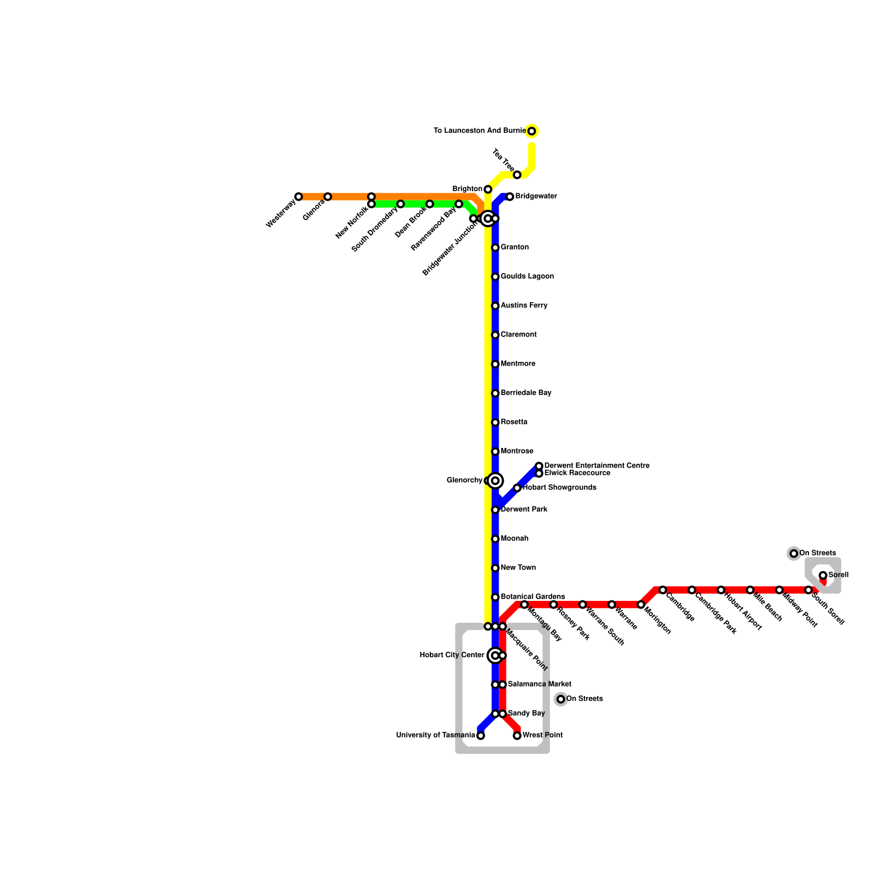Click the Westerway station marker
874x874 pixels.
point(298,197)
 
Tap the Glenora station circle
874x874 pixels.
point(327,197)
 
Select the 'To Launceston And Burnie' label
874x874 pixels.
point(480,131)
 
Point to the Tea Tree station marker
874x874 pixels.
point(517,175)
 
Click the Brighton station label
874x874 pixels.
point(467,190)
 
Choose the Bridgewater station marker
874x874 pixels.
point(510,197)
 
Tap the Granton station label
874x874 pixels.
point(515,247)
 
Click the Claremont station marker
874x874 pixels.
point(495,335)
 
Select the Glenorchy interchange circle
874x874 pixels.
point(495,481)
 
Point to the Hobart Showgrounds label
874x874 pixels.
point(559,488)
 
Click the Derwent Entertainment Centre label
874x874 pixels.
point(597,466)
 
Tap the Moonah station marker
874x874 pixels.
point(495,539)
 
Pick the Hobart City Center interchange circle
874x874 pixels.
point(495,655)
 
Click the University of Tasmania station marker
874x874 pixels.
point(481,736)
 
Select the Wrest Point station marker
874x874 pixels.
point(517,736)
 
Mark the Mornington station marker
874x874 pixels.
point(641,605)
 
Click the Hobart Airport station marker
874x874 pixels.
point(721,590)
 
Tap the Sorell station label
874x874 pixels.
point(838,575)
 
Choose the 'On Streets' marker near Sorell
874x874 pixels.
point(794,553)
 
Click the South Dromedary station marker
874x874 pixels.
point(400,204)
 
